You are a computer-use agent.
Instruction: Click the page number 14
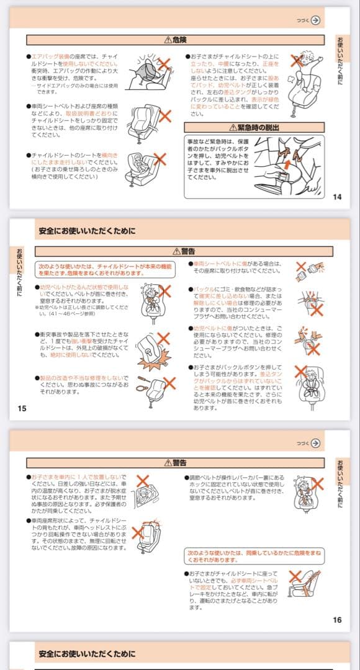coord(337,197)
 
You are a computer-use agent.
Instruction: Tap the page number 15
coord(22,408)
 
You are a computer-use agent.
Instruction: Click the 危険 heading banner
coord(175,40)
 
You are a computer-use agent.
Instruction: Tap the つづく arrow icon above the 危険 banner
coord(317,20)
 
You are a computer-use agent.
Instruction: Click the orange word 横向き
coord(109,155)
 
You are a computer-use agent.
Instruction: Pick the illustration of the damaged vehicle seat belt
coord(308,270)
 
